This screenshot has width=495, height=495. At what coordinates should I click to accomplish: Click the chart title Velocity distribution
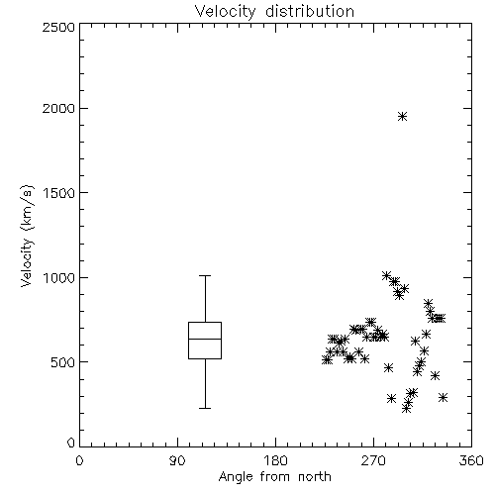pos(274,11)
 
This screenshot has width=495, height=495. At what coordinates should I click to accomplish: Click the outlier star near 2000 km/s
pos(402,116)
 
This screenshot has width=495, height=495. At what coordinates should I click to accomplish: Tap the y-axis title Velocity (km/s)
pos(27,236)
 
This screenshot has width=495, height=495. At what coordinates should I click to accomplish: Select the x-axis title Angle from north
pos(274,476)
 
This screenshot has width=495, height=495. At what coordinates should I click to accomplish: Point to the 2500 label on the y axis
pos(58,27)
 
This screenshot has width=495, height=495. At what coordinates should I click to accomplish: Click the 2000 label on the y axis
pos(58,108)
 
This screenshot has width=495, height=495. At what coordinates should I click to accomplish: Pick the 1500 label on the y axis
pos(59,193)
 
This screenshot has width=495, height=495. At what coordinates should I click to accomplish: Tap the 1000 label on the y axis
pos(59,277)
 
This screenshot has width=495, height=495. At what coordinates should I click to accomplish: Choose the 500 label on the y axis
pos(63,362)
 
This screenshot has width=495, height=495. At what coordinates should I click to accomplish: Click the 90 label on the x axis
pos(177,460)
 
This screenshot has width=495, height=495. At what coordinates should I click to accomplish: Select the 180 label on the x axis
pos(274,460)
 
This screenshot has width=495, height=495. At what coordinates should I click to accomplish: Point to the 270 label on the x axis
pos(373,460)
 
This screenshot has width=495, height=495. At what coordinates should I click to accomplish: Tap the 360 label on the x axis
pos(471,460)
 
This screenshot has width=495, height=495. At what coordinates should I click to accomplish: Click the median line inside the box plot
pos(205,339)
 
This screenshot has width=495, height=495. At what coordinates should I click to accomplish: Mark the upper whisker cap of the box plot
pos(205,275)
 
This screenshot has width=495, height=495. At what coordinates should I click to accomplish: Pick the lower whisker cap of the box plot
pos(205,408)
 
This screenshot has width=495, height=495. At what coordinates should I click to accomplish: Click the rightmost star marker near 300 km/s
pos(444,397)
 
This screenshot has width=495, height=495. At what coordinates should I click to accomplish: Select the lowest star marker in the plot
pos(407,409)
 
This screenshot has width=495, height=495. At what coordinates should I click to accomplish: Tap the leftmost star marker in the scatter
pos(327,359)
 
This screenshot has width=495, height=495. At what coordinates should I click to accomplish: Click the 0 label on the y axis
pos(71,443)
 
